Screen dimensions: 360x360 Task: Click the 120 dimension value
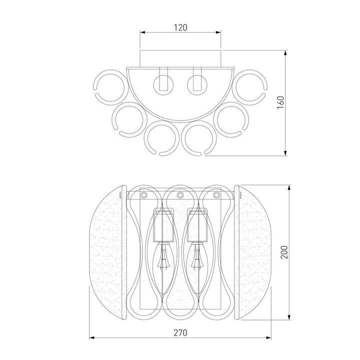pos(180,27)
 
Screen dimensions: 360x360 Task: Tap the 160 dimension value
pos(280,102)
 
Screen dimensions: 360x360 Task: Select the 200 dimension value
pos(284,252)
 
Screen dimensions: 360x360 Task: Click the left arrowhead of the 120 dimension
pos(143,32)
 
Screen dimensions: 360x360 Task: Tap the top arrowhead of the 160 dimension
pos(285,53)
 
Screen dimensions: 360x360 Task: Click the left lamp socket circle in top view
pos(163,84)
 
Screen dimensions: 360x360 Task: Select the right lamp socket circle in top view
pos(197,84)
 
